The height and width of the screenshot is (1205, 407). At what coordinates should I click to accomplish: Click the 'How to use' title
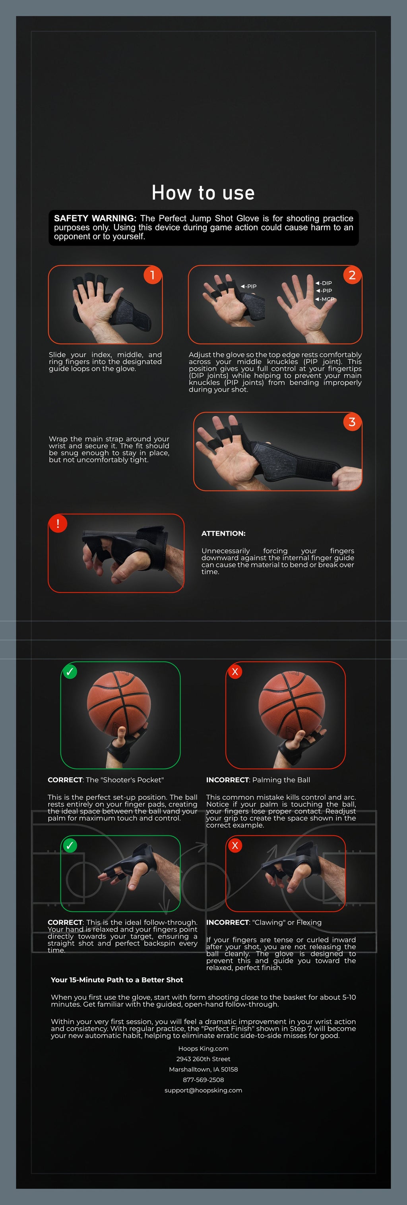pos(203,193)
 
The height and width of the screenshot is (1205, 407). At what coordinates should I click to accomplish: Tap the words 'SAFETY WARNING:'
pos(95,219)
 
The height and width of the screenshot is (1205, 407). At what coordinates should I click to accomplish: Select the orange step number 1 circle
pos(152,275)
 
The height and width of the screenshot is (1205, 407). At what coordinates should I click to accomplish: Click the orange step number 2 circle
pos(352,275)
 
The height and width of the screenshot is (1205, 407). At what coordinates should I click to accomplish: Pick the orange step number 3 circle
pos(352,422)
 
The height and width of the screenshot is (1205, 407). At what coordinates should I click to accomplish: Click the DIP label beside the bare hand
pos(326,283)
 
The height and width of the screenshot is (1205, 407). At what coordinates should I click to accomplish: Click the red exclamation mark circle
pos(58,524)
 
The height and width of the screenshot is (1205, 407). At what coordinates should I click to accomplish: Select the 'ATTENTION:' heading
pos(223,533)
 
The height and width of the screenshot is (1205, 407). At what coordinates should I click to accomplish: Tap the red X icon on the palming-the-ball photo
pos(235,672)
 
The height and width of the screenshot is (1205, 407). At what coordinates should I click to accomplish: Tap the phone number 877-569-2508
pos(203,1079)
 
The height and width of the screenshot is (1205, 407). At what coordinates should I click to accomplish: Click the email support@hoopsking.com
pos(203,1090)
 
